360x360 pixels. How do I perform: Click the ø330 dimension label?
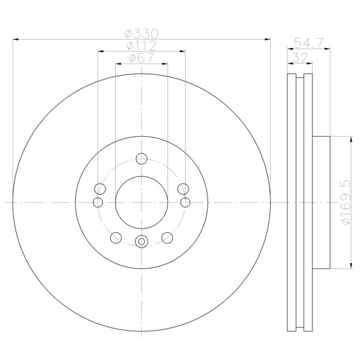point(142,34)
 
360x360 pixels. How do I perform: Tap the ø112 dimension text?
point(142,46)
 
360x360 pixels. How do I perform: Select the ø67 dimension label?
point(142,58)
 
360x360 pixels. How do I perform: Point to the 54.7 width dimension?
point(309,43)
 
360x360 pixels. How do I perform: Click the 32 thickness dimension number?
point(300,58)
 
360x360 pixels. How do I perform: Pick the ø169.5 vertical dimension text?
point(346,202)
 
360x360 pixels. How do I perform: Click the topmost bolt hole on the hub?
point(142,158)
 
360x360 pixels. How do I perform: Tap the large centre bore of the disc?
point(142,203)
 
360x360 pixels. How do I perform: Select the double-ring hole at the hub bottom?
point(142,242)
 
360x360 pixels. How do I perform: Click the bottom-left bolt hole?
point(116,238)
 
